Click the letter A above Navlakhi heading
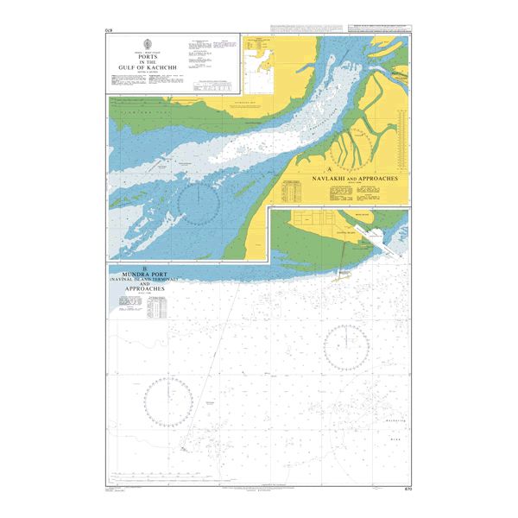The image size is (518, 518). point(331,167)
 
